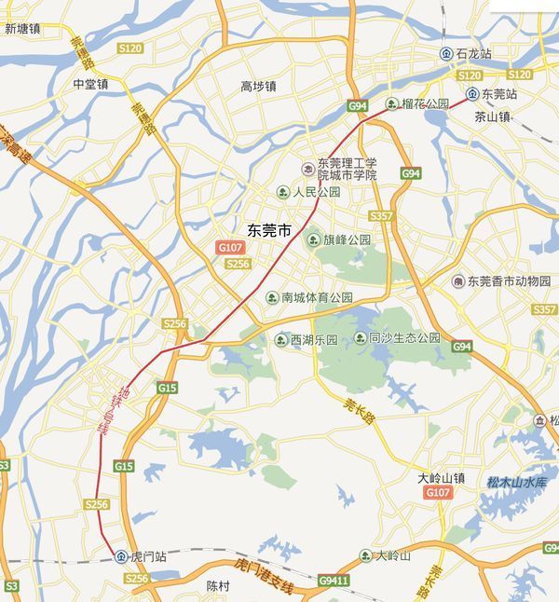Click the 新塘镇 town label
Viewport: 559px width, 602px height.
22,28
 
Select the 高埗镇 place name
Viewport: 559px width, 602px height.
258,86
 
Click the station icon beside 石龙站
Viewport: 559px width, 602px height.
445,54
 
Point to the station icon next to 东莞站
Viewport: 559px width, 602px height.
472,94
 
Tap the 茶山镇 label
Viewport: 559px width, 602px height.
493,117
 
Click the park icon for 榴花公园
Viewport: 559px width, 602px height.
392,103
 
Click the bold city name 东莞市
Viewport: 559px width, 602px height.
270,229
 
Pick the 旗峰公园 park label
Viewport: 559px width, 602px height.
347,239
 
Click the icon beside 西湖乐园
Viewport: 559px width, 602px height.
280,339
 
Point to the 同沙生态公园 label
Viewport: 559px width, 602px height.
404,338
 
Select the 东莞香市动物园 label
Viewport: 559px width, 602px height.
509,281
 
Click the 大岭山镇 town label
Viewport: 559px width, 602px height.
441,477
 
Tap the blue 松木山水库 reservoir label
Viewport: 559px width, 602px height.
519,482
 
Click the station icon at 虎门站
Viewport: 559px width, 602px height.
121,556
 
